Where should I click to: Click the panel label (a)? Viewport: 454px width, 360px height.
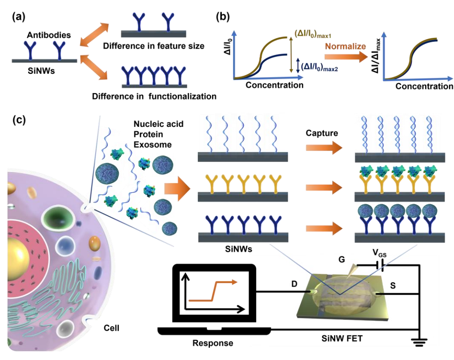(x=20, y=16)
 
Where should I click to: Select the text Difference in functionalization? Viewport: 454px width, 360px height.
(x=153, y=96)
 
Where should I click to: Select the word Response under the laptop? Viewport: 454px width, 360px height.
(x=213, y=344)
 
